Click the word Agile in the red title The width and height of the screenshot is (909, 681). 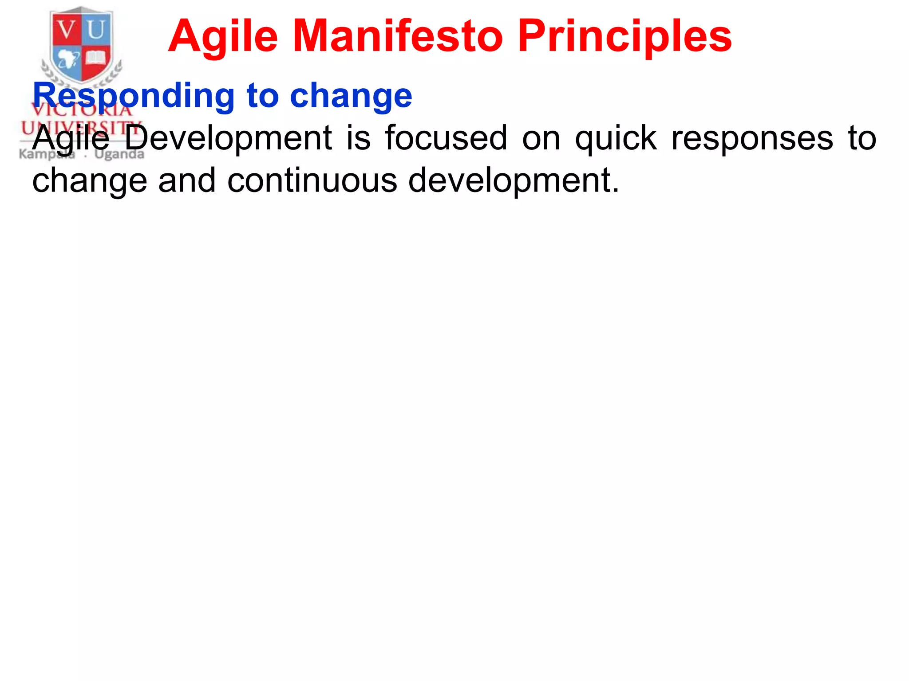point(223,36)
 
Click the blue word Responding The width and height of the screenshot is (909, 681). point(134,96)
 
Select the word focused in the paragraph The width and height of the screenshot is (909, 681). point(446,138)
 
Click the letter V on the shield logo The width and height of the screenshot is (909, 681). point(66,30)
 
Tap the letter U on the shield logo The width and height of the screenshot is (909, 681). point(96,30)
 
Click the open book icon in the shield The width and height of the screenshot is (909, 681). point(95,58)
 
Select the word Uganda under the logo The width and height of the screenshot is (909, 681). point(119,154)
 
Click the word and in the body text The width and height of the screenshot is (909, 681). point(186,180)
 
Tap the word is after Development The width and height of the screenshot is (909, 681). point(358,138)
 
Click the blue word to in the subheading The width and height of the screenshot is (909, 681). point(262,96)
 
